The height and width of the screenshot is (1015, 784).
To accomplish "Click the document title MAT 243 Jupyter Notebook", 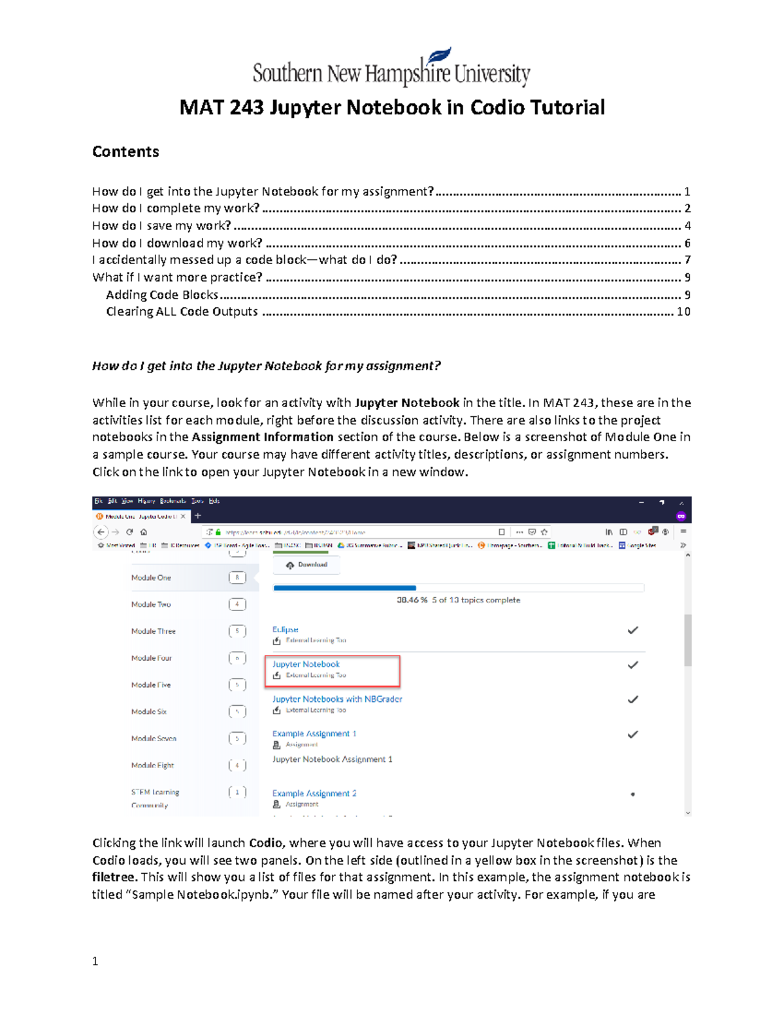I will click(392, 107).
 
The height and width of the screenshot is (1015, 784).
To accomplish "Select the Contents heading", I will click(125, 152).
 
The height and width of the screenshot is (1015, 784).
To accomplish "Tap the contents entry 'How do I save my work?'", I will click(161, 225).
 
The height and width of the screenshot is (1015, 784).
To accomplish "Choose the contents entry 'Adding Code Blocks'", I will click(162, 295).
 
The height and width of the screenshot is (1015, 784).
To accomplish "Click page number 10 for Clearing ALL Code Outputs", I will click(683, 312).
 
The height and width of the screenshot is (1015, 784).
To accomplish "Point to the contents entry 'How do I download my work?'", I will click(177, 243).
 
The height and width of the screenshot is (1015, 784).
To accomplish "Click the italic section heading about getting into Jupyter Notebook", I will click(267, 366).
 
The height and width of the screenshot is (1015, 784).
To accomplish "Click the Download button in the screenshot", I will click(307, 565).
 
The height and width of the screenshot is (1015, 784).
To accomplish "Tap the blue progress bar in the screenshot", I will click(344, 588).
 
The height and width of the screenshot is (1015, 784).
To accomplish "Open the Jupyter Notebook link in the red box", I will click(306, 664).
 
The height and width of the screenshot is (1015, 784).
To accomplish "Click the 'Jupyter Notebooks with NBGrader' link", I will click(337, 699).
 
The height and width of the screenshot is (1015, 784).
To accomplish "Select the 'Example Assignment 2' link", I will click(314, 793).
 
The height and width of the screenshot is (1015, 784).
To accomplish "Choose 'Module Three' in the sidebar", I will click(153, 631).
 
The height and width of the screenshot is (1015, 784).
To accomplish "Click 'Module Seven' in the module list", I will click(154, 739).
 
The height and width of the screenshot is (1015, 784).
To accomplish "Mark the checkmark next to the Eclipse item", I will click(632, 631).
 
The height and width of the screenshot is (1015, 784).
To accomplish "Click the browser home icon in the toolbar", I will click(144, 532).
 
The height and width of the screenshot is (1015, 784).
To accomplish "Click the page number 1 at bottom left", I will click(95, 961).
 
